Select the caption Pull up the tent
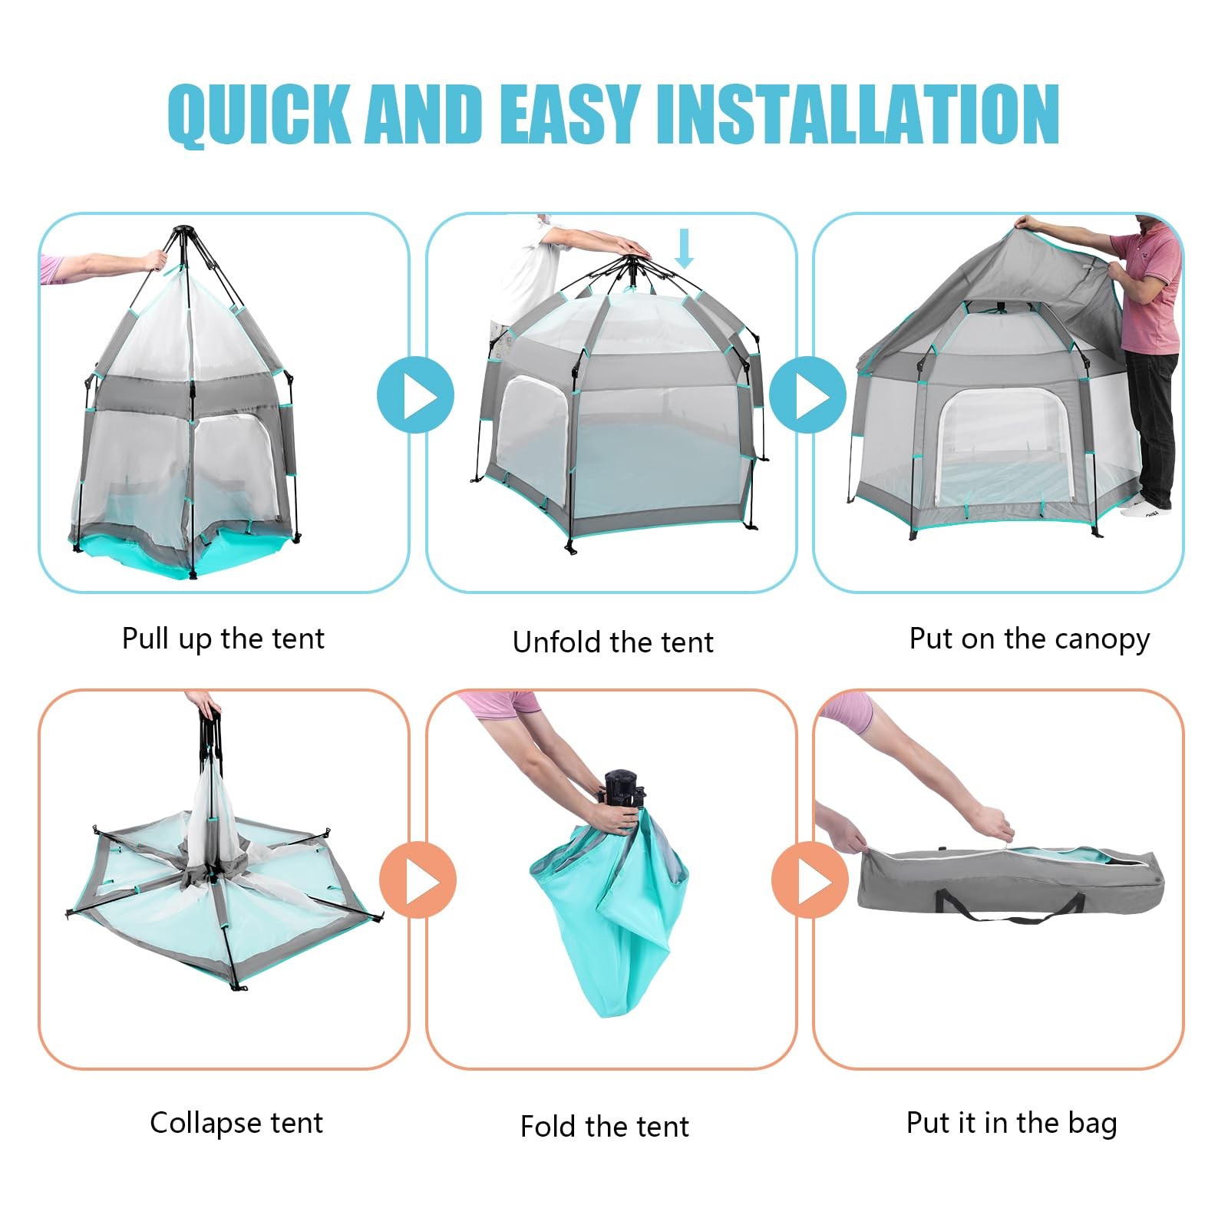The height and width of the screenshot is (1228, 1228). click(x=223, y=639)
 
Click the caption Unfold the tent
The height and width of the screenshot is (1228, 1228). click(x=612, y=642)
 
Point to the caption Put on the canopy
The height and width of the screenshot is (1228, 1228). click(x=1028, y=639)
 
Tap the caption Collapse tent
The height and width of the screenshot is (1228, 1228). click(x=236, y=1123)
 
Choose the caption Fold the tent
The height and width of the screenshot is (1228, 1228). click(x=604, y=1127)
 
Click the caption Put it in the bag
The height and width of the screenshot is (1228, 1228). click(x=1011, y=1123)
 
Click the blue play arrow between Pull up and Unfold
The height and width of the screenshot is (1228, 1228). click(x=416, y=395)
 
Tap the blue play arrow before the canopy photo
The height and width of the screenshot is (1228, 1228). click(x=807, y=395)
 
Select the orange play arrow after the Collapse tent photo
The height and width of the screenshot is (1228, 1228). click(x=418, y=880)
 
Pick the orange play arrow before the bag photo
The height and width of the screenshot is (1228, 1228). click(x=810, y=880)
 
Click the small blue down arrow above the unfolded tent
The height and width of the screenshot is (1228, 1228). click(x=684, y=249)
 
